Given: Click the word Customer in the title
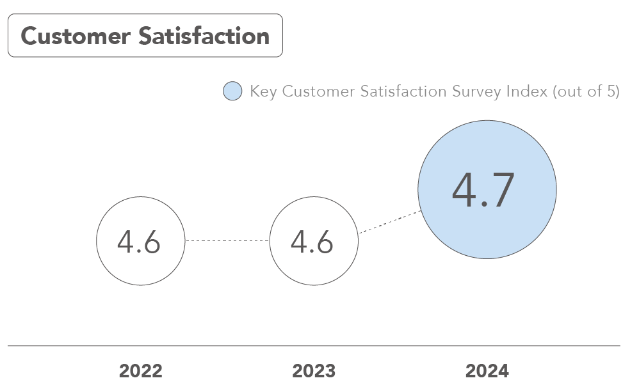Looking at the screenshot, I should click(76, 36).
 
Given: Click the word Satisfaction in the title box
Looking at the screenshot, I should click(204, 36).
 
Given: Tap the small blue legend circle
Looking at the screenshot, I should click(232, 91).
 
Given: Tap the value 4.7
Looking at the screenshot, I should click(483, 191).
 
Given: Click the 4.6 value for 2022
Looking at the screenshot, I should click(139, 242).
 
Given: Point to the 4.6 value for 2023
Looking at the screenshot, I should click(312, 242).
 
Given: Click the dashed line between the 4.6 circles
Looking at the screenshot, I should click(227, 241).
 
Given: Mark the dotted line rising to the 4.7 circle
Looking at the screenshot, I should click(389, 222).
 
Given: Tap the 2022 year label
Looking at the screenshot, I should click(140, 371).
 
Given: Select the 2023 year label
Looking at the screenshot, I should click(314, 371).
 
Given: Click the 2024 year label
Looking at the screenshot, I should click(487, 371).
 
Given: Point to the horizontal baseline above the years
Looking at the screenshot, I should click(314, 346).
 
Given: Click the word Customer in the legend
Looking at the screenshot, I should click(310, 91).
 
